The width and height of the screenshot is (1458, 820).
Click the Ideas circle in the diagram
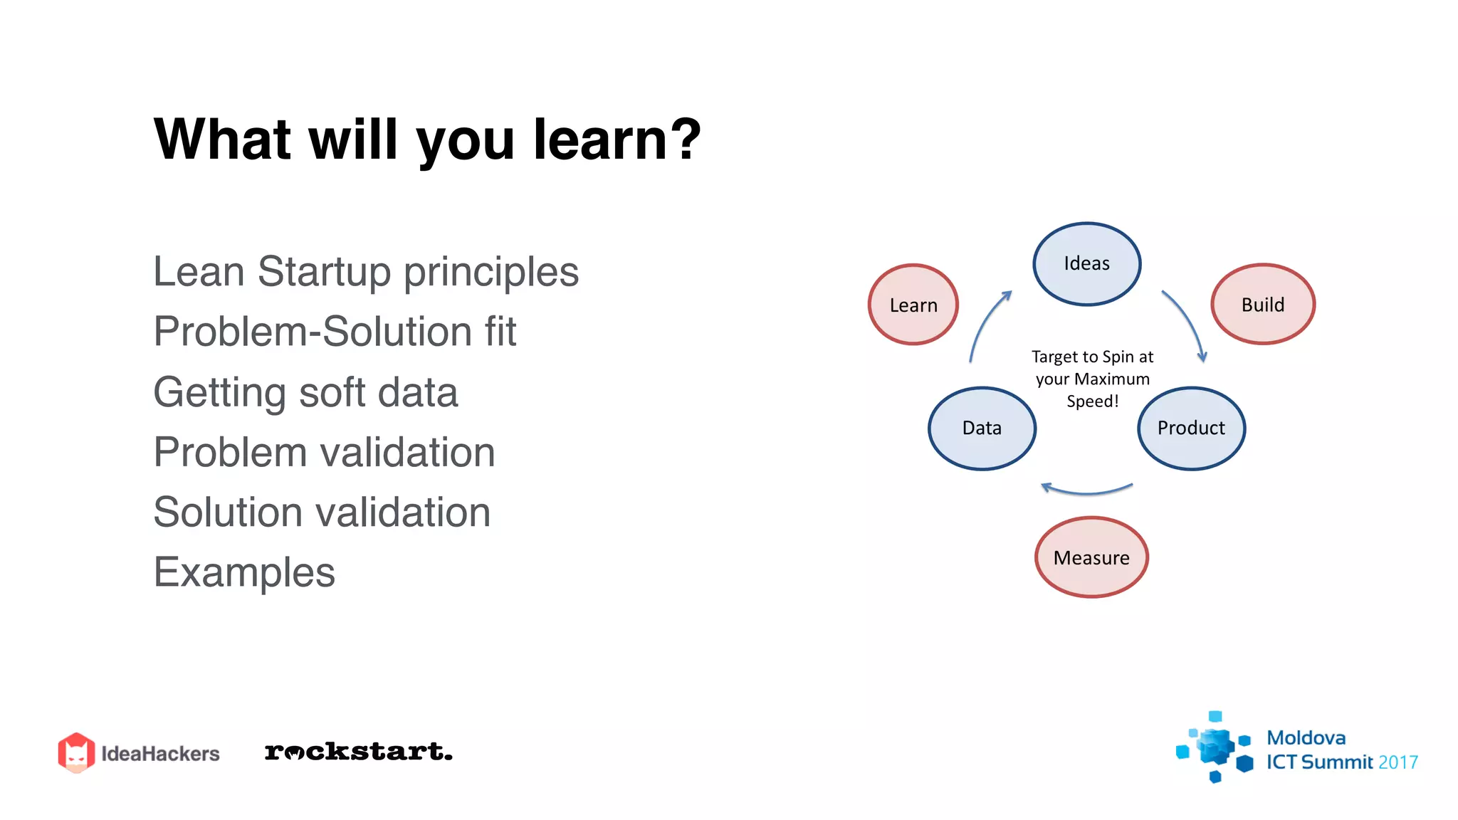click(1086, 264)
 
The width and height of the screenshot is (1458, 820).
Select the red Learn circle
click(913, 305)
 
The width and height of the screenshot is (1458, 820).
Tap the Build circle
click(1262, 304)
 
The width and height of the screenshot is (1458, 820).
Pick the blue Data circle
click(982, 428)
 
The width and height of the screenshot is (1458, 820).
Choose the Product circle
click(1191, 428)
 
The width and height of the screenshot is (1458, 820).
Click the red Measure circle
click(1091, 557)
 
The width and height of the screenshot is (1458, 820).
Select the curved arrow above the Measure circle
click(1086, 490)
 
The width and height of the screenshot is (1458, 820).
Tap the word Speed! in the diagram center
click(1092, 401)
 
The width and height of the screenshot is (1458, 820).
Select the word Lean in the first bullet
click(199, 272)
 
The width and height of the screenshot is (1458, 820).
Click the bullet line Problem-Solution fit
click(335, 332)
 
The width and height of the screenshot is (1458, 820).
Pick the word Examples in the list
click(244, 572)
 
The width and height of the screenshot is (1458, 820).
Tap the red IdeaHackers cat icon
click(76, 752)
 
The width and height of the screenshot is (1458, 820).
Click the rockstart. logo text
click(358, 752)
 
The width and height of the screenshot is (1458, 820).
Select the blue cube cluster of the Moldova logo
click(1215, 747)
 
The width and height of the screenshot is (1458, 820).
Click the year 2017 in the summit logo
click(1397, 762)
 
